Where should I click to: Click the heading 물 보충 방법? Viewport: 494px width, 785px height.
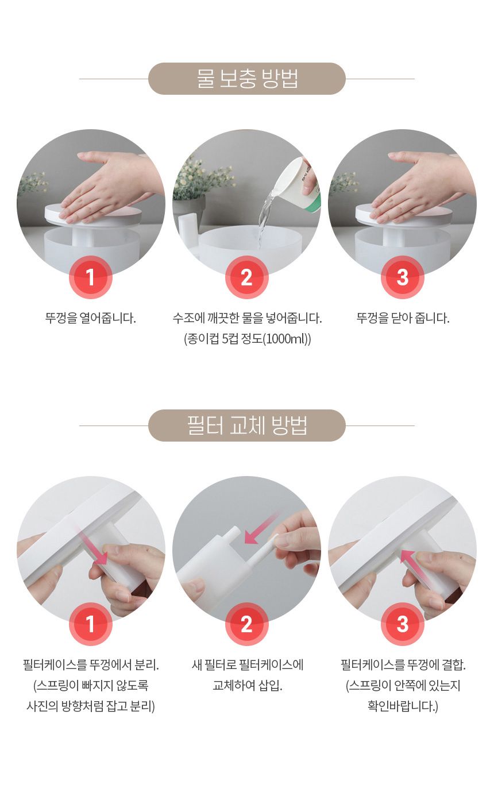point(247,79)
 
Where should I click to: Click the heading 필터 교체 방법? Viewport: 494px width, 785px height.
point(247,426)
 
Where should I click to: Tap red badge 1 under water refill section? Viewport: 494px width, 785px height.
point(90,277)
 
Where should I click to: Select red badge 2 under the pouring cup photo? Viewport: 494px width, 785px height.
point(246,277)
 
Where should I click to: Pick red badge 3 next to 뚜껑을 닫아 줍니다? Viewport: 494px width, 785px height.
point(402,277)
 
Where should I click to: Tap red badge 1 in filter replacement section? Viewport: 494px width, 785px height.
point(90,624)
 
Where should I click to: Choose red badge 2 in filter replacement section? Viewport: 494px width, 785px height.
point(246,624)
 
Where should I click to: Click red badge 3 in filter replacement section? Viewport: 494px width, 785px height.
point(402,624)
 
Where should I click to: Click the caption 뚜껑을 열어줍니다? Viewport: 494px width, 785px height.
point(91,318)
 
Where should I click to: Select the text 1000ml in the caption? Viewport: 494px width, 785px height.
point(285,339)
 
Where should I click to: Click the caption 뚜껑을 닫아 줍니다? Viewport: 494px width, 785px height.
point(403,318)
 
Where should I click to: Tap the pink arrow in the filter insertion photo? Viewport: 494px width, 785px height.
point(261,529)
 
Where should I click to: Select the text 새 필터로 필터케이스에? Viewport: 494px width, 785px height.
point(247,665)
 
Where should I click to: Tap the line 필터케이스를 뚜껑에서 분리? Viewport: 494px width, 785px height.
point(91,665)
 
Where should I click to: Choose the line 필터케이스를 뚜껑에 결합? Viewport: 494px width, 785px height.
point(403,665)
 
